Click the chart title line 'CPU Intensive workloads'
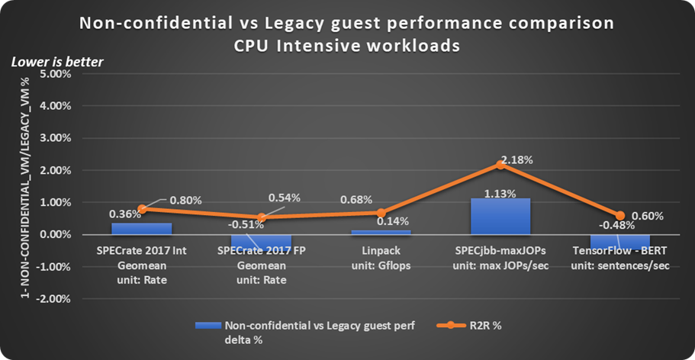click(x=347, y=45)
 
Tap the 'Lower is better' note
click(x=57, y=62)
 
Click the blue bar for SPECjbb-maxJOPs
click(x=500, y=217)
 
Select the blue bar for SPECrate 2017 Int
click(x=142, y=229)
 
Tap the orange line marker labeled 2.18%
click(x=500, y=164)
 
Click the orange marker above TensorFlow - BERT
click(x=619, y=216)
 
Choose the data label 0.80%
click(x=186, y=201)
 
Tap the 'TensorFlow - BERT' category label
click(x=619, y=251)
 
